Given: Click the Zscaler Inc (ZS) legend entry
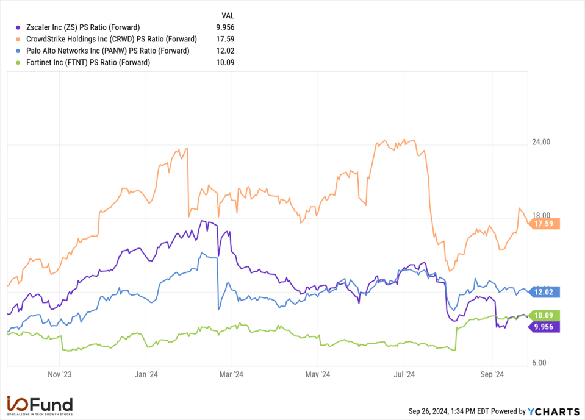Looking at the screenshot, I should [x=83, y=27].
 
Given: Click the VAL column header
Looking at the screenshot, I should [x=226, y=15].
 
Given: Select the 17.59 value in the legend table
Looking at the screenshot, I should [x=226, y=39].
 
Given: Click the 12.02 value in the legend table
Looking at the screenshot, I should [x=226, y=51].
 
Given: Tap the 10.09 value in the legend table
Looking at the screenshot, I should [x=226, y=62].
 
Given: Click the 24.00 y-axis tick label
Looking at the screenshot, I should [x=540, y=142].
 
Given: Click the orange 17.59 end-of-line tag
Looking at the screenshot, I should [x=545, y=224].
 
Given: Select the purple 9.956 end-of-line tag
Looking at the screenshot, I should [x=545, y=327].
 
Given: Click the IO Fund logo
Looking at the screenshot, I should [x=40, y=405].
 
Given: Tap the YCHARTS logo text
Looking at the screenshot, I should [x=553, y=411].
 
